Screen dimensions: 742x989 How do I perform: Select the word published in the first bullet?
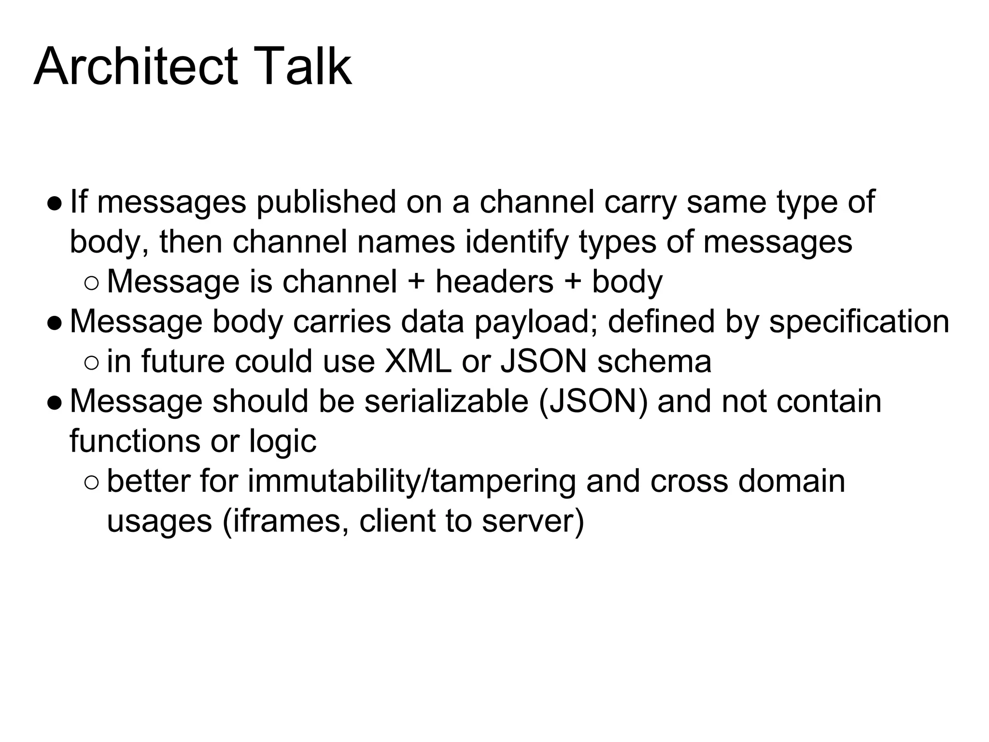(326, 202)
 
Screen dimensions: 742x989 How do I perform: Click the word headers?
(494, 282)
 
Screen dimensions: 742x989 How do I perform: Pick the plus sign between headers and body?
(573, 282)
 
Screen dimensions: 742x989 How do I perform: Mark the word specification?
(859, 322)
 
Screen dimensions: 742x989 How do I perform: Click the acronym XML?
(418, 361)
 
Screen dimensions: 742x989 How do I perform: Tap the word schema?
(654, 361)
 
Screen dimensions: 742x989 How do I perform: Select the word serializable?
(446, 401)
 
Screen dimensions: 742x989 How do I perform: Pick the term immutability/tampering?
(412, 481)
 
